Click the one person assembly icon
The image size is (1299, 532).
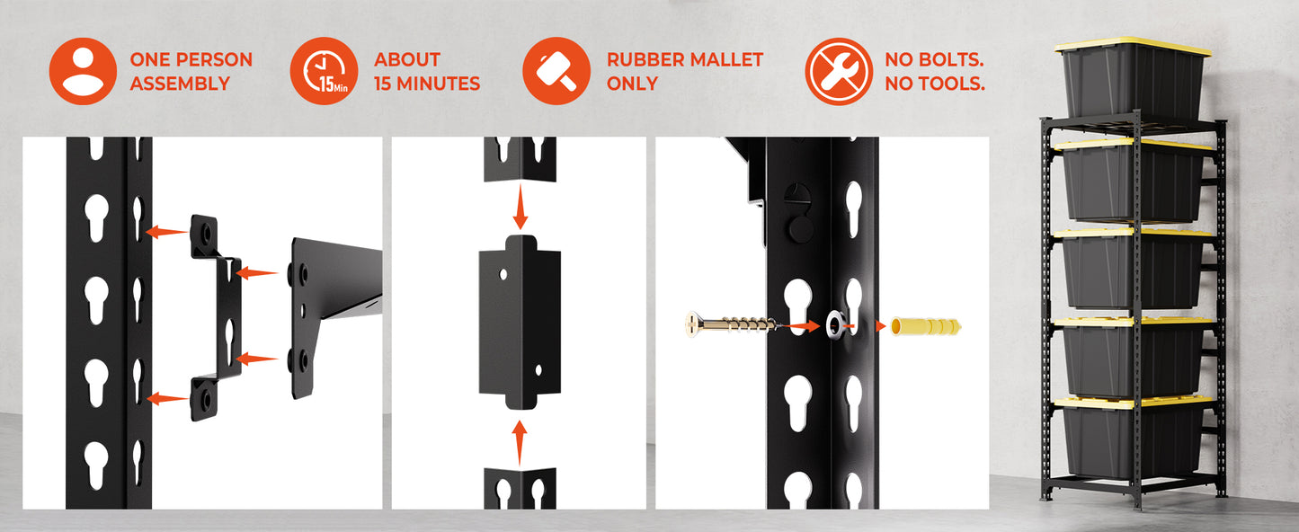(x=83, y=71)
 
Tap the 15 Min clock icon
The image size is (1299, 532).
(x=325, y=71)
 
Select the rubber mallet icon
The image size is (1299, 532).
(x=556, y=71)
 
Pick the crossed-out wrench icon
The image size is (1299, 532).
(x=839, y=71)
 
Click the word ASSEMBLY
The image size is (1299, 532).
(x=180, y=84)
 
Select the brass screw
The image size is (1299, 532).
(x=732, y=324)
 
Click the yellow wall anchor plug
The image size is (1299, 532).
(x=926, y=326)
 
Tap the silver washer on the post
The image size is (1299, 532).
(x=835, y=325)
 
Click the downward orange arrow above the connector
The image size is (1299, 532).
(x=520, y=207)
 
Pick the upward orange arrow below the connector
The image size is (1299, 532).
(x=520, y=443)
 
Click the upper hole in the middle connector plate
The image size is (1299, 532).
(x=503, y=273)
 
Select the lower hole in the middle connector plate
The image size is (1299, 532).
(x=538, y=369)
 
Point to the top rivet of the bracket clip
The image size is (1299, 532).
(x=205, y=233)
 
